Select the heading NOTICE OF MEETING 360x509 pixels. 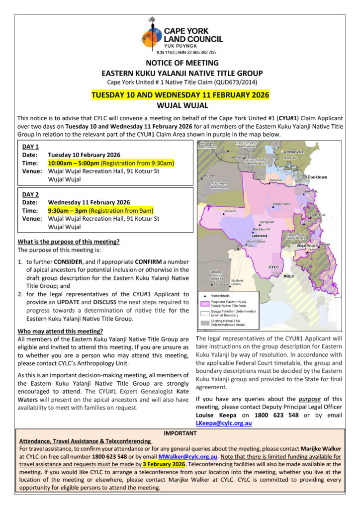click(182, 63)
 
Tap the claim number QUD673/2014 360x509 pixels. click(234, 82)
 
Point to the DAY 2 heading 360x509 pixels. click(31, 193)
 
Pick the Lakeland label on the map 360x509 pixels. click(260, 236)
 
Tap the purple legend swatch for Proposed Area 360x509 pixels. click(204, 303)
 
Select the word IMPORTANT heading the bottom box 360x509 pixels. click(180, 433)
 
